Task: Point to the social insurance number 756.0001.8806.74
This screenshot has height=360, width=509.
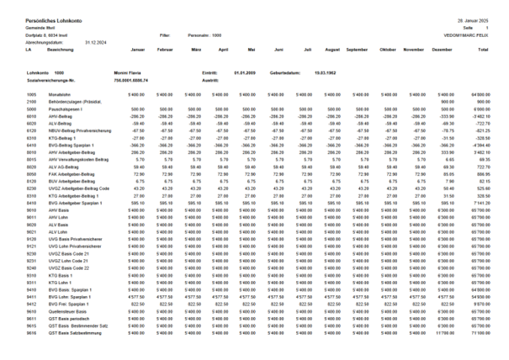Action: [134, 79]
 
